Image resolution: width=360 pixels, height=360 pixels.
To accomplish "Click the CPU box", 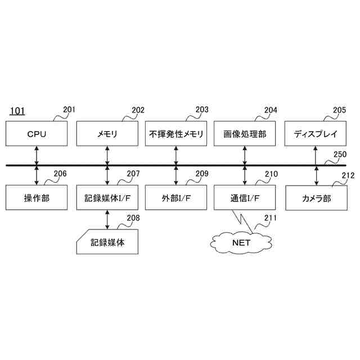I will [37, 134].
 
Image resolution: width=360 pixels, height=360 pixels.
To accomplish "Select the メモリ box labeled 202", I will [107, 134].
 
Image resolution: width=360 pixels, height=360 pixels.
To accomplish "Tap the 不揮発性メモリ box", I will [176, 134].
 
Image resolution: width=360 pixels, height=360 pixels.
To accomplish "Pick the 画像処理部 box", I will [245, 134].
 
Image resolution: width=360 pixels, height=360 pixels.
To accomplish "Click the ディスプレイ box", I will [315, 134].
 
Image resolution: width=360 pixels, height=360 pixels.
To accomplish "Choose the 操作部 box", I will [37, 197].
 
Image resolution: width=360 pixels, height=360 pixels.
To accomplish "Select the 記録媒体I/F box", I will [107, 197].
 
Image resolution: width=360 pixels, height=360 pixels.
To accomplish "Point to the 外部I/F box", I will [176, 197].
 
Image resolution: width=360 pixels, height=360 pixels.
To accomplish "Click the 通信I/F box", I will [245, 197].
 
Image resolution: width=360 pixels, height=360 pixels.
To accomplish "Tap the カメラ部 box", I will [315, 199].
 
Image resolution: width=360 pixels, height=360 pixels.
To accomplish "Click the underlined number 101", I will [17, 111].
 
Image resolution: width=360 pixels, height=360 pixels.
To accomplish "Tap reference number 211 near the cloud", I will [270, 218].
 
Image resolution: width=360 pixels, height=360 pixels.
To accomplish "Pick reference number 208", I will [132, 218].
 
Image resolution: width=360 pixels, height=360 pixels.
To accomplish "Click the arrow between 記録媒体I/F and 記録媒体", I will [107, 219].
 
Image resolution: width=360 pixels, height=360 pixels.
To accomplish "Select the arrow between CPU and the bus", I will [37, 155].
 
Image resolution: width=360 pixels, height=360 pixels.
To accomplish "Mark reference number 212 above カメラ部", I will [348, 175].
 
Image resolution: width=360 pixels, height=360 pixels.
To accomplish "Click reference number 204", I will [271, 110].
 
